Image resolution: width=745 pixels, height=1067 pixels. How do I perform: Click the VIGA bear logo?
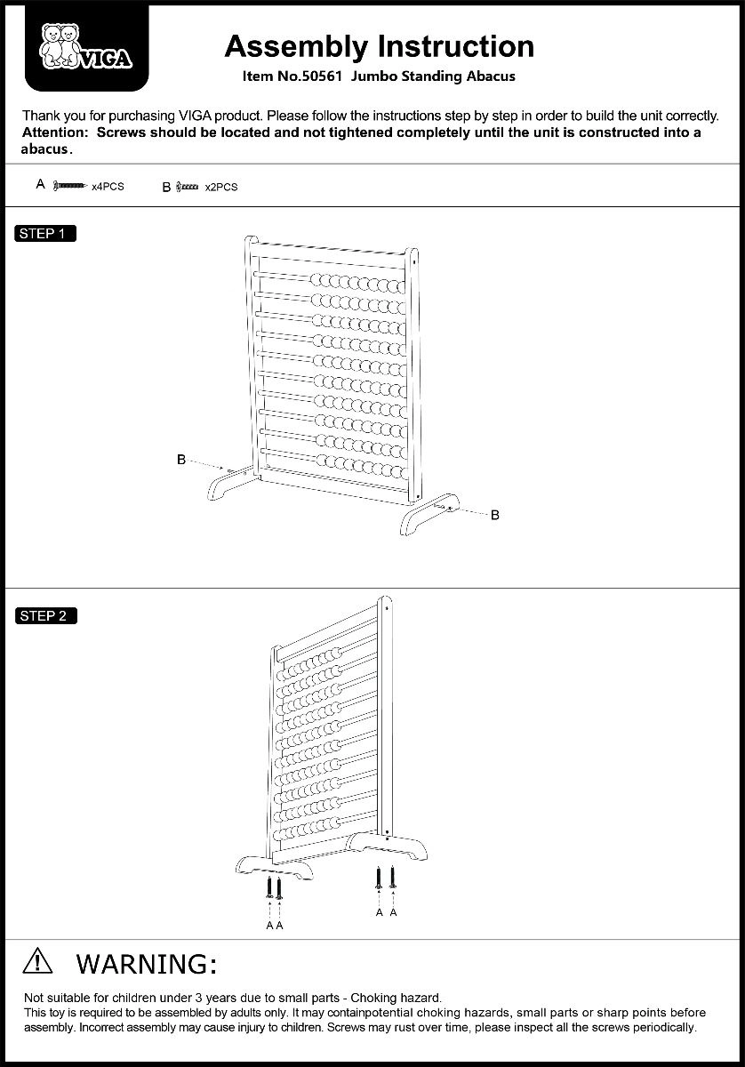pyautogui.click(x=86, y=48)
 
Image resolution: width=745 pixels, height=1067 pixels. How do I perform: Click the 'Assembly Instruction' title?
pyautogui.click(x=379, y=45)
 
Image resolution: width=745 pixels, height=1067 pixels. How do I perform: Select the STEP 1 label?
pyautogui.click(x=46, y=234)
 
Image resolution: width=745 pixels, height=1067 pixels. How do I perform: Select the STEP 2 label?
pyautogui.click(x=46, y=615)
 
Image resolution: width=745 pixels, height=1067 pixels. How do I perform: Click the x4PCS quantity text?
pyautogui.click(x=108, y=187)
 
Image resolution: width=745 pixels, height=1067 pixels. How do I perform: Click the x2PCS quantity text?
pyautogui.click(x=221, y=188)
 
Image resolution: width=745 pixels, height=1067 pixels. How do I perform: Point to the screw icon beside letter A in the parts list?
pyautogui.click(x=71, y=186)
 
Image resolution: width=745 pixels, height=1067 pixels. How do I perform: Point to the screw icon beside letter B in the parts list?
pyautogui.click(x=188, y=187)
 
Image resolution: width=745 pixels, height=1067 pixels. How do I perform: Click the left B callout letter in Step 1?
pyautogui.click(x=181, y=460)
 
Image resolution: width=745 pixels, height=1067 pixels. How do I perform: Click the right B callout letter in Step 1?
pyautogui.click(x=495, y=515)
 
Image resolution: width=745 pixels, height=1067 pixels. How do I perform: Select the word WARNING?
pyautogui.click(x=147, y=963)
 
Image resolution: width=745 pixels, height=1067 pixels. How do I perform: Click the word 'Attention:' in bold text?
pyautogui.click(x=54, y=132)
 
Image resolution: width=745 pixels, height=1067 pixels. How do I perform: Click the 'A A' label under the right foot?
pyautogui.click(x=386, y=912)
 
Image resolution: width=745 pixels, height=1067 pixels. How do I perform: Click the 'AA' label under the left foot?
pyautogui.click(x=274, y=925)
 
